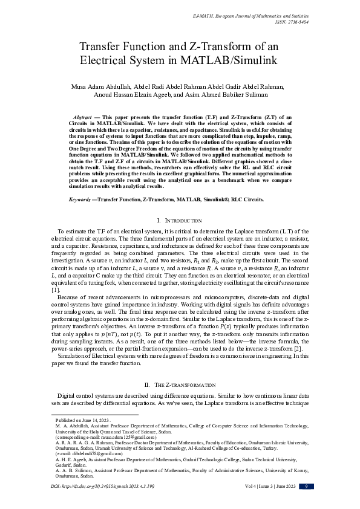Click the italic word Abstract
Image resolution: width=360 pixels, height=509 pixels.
82,115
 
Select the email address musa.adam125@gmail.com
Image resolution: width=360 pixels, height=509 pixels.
120,436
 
